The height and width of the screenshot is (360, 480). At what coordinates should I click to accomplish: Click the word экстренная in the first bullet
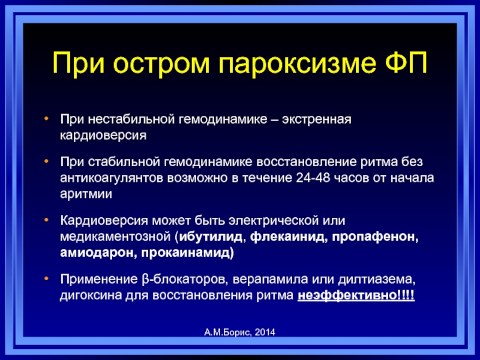pos(317,119)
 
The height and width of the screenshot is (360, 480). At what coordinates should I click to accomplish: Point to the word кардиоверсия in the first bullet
pos(103,136)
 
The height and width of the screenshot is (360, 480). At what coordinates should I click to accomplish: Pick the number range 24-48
pos(313,178)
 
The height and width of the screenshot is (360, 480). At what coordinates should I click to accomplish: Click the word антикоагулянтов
pos(112,178)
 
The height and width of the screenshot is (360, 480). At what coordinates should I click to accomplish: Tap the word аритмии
pos(86,194)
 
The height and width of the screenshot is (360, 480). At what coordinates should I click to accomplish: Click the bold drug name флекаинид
pos(287,237)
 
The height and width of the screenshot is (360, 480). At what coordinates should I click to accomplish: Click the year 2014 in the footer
pos(265,332)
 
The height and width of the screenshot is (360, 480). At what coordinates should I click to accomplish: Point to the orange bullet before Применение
pos(46,278)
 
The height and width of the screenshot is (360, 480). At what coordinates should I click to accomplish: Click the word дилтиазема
pos(377,280)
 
